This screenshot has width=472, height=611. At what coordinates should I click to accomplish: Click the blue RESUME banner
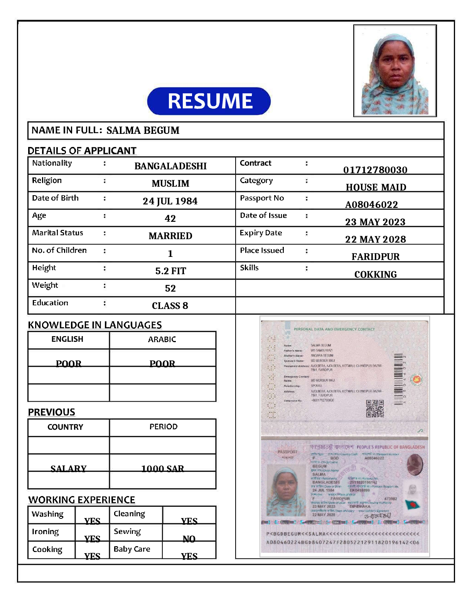[209, 101]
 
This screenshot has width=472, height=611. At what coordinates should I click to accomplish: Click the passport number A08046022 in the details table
[371, 204]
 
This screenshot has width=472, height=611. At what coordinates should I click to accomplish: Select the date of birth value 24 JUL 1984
[170, 201]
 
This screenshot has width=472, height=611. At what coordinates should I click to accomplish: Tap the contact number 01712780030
[375, 170]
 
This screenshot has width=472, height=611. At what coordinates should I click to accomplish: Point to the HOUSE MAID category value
[376, 187]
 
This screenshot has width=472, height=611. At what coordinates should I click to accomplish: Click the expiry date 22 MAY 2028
[375, 239]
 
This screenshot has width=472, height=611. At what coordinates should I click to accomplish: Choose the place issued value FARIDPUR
[375, 257]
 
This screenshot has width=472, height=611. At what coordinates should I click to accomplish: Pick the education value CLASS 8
[170, 305]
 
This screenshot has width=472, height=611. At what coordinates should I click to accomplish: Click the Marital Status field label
[57, 233]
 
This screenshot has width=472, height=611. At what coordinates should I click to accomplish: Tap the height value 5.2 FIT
[170, 271]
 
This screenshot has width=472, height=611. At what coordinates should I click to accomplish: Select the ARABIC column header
[162, 339]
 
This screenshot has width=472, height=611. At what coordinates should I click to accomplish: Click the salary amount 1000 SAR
[162, 469]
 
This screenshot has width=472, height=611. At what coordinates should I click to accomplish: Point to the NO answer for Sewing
[189, 539]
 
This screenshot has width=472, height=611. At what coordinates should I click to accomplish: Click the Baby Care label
[132, 549]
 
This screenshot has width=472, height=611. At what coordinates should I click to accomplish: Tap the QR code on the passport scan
[375, 409]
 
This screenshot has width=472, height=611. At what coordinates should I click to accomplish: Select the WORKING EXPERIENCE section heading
[82, 500]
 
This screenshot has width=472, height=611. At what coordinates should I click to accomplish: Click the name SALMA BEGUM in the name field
[143, 130]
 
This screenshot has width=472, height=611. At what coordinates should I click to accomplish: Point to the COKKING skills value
[375, 274]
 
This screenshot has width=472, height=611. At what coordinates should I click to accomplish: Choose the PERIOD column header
[164, 427]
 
